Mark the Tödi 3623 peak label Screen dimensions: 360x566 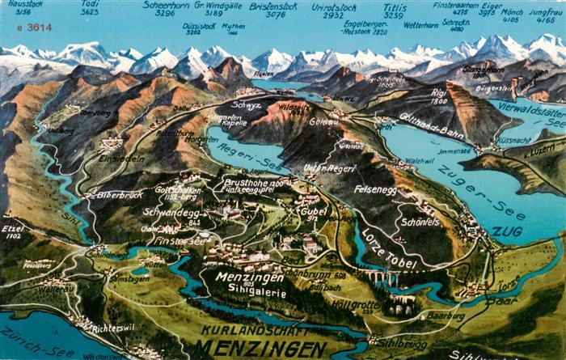pyautogui.click(x=90, y=8)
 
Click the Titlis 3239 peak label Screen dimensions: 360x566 pyautogui.click(x=394, y=10)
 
